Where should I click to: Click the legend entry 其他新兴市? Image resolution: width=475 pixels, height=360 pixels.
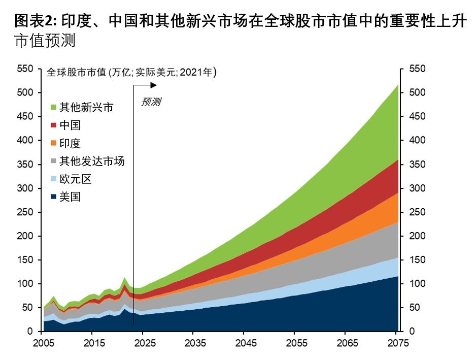pyautogui.click(x=86, y=107)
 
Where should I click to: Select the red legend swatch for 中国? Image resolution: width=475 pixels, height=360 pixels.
pyautogui.click(x=53, y=125)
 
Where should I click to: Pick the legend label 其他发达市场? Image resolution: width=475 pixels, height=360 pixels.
pyautogui.click(x=91, y=161)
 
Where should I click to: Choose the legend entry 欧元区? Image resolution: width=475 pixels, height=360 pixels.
pyautogui.click(x=75, y=179)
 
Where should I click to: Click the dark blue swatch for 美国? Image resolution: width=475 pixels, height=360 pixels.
pyautogui.click(x=53, y=197)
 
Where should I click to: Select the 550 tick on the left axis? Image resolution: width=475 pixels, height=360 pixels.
pyautogui.click(x=26, y=69)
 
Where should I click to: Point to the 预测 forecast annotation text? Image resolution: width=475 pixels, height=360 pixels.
pyautogui.click(x=151, y=102)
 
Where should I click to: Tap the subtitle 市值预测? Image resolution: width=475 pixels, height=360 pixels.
pyautogui.click(x=45, y=42)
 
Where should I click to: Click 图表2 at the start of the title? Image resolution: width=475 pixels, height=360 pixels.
pyautogui.click(x=34, y=21)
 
